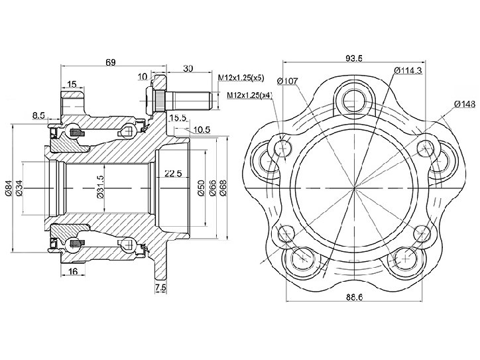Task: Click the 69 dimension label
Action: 111,62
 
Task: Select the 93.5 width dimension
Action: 354,58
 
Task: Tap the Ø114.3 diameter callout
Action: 408,71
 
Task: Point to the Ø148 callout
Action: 465,104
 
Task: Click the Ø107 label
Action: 287,81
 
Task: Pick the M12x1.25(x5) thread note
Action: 241,78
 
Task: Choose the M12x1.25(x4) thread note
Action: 249,95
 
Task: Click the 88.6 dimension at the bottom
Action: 355,297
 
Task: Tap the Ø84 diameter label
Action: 9,188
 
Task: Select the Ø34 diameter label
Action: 19,188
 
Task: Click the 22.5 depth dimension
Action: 173,174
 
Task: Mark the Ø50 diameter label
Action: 201,188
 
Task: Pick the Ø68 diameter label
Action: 223,188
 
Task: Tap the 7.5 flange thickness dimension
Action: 160,288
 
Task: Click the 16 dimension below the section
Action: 73,271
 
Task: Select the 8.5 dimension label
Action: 39,115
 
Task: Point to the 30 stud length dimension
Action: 188,68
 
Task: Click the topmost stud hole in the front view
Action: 353,100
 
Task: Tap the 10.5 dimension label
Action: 202,130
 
